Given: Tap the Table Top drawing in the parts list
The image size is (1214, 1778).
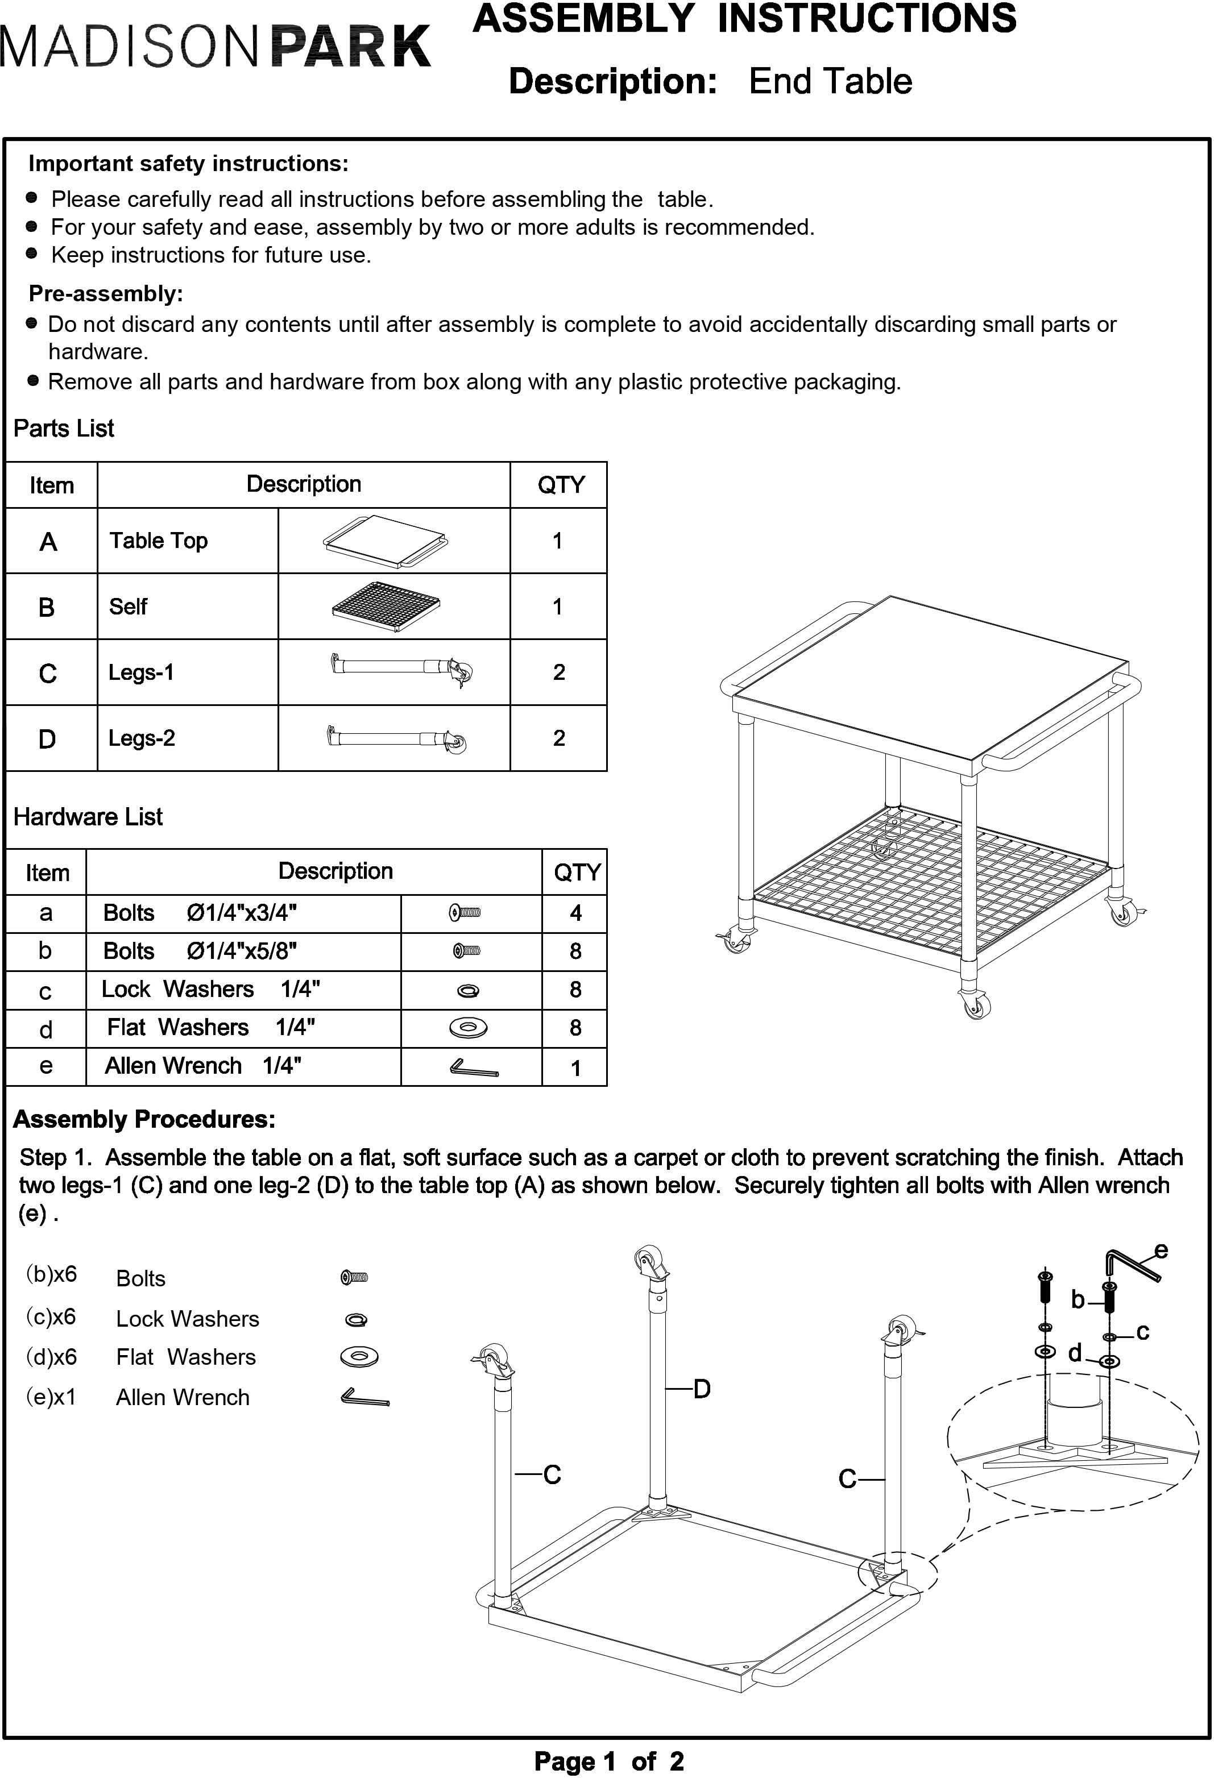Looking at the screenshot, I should (385, 541).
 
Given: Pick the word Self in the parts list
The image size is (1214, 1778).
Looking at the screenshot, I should (128, 606).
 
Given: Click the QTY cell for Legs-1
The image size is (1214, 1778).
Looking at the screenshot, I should (559, 672).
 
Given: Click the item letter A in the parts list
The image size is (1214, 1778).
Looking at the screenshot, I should (48, 542).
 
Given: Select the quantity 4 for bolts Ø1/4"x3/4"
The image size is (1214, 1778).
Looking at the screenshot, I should (575, 913).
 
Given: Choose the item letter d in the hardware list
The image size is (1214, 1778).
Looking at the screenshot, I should (46, 1029).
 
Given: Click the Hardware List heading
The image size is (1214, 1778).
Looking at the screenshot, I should (88, 817).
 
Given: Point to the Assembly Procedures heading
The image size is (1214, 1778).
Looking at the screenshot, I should (144, 1119).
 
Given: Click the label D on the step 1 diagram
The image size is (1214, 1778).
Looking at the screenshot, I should (702, 1389).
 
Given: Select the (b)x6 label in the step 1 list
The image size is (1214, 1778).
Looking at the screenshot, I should (51, 1274).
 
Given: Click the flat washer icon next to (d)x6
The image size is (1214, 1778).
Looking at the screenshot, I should (359, 1357).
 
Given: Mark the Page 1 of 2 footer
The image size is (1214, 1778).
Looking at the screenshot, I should (608, 1761).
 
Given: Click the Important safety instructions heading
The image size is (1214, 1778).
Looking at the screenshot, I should (188, 164).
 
